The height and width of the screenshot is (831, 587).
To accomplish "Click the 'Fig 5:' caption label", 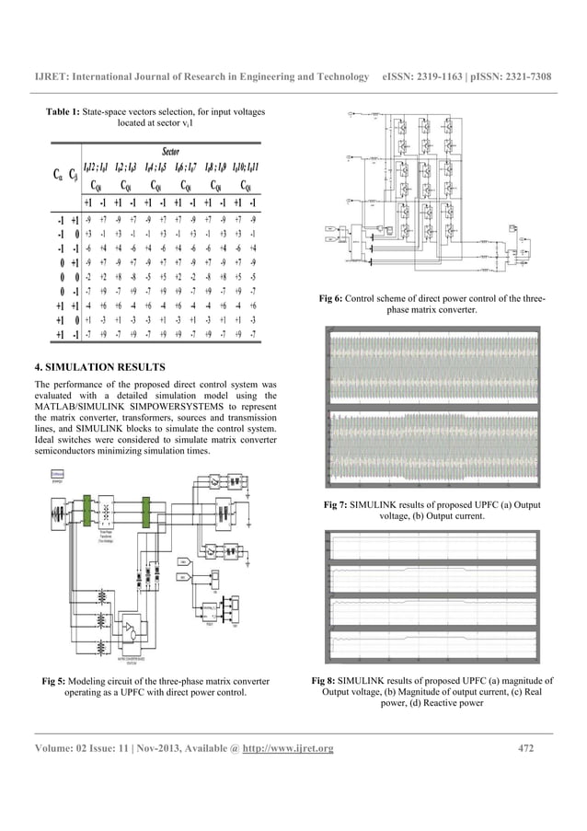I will point(57,681).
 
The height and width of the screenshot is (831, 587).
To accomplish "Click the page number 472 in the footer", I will point(526,747).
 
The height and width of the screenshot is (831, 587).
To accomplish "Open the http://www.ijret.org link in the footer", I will point(286,747).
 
